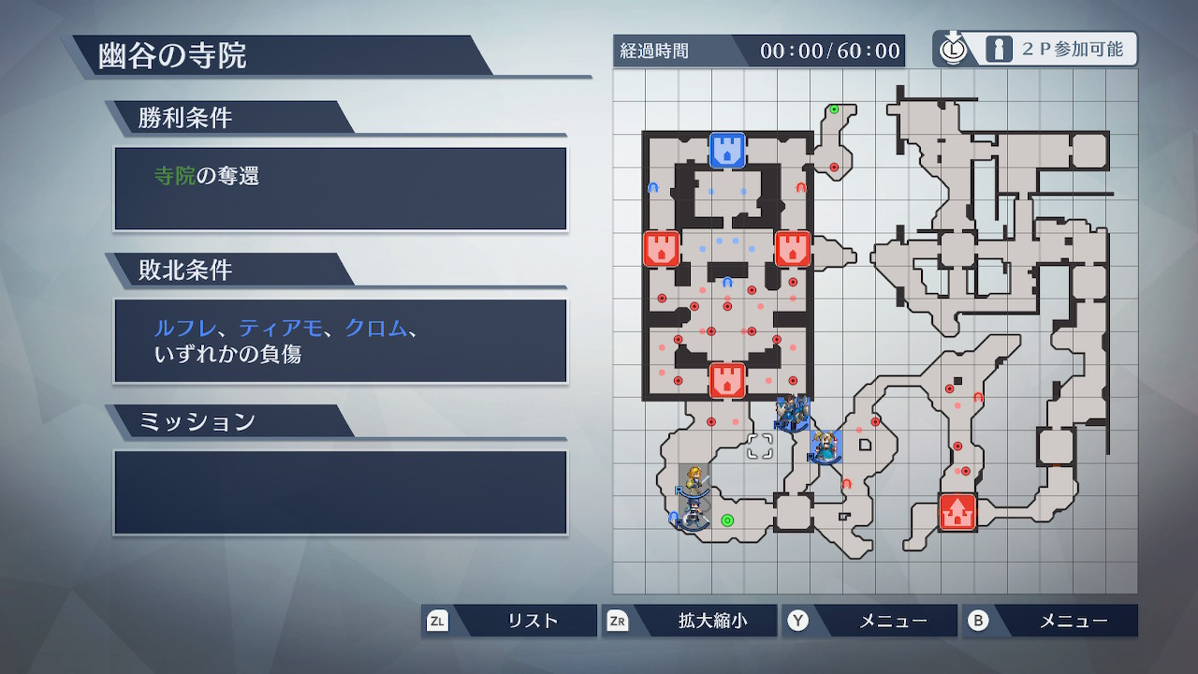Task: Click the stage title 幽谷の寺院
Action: pos(172,55)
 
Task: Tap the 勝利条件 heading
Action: pos(185,118)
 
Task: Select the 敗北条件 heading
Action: pos(185,270)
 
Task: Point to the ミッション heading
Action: pos(197,421)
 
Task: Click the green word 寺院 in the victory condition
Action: pos(175,175)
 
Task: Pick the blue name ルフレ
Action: pos(185,328)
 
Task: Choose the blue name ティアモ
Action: pos(280,328)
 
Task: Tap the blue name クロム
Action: pos(376,328)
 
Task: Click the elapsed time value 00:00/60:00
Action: pos(830,51)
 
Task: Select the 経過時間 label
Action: pos(654,51)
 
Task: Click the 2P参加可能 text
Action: pos(1073,50)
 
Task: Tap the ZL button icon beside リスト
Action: pos(437,621)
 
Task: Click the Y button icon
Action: pos(798,621)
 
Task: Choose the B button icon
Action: pos(978,621)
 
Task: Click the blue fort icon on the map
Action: pos(727,151)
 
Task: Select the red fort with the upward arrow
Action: pos(957,512)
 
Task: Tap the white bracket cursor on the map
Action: pos(760,447)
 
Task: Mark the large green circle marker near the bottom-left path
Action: pos(727,520)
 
